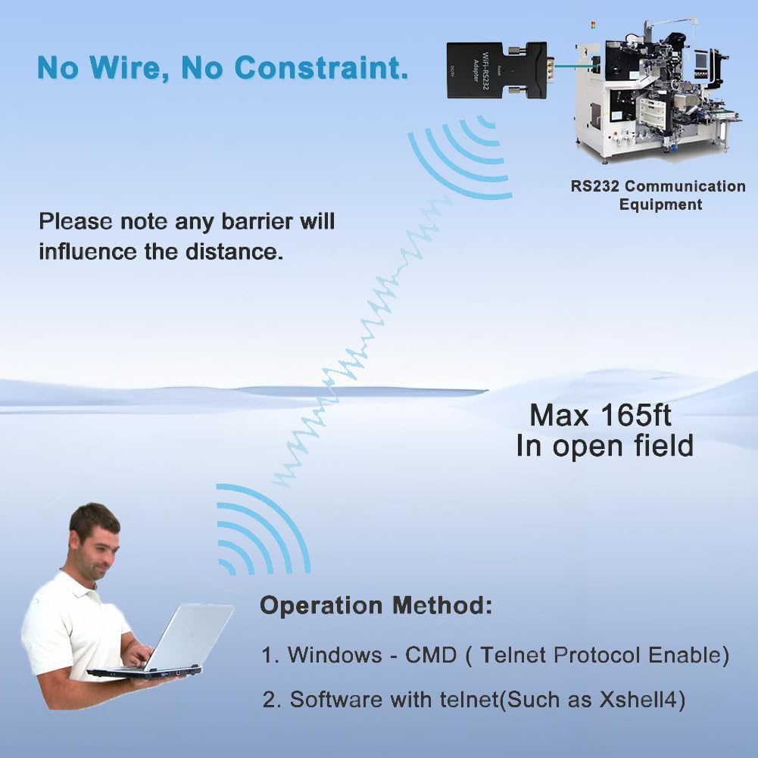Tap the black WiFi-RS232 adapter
488,76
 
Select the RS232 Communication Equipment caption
658,195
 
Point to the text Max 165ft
600,415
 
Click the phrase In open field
604,446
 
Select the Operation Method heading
376,605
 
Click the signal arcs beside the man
261,531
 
